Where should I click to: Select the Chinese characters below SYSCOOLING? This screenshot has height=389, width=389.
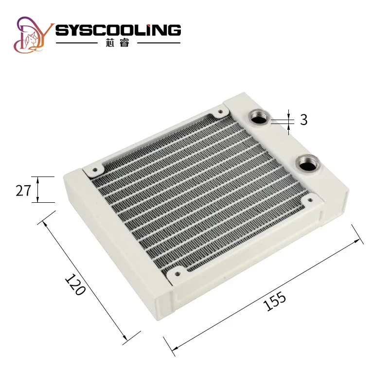(118, 43)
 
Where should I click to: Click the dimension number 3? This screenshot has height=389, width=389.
(303, 120)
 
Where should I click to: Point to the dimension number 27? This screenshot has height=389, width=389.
(23, 190)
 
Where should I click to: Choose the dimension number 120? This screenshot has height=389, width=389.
(75, 285)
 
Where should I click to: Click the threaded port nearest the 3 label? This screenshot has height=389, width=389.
(257, 117)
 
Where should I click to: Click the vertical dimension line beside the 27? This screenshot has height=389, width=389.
(38, 189)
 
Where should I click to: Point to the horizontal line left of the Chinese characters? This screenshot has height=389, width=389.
(78, 43)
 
